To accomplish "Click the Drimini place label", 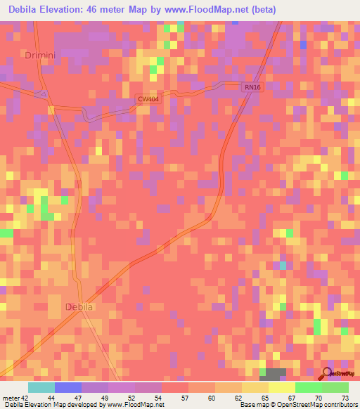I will (38, 54).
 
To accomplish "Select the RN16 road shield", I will (252, 86).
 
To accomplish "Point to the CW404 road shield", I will (146, 100).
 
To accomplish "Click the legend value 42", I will (25, 398).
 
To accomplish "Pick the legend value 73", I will (345, 398).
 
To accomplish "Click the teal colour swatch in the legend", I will (41, 387).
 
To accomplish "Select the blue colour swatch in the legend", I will (68, 387).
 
